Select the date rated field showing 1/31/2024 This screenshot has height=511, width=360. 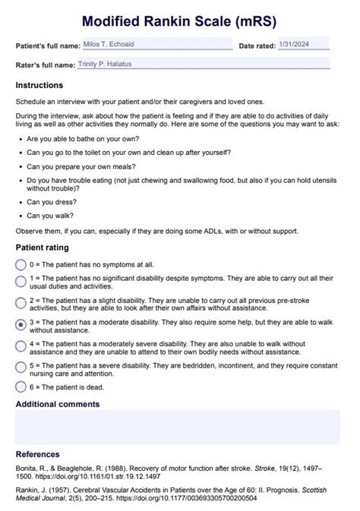303,44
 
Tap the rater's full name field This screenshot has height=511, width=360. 203,65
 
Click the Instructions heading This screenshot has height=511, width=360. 39,85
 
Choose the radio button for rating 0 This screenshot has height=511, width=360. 21,265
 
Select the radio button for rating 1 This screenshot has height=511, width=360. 21,282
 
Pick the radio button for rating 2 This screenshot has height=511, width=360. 21,304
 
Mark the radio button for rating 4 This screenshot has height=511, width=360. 21,346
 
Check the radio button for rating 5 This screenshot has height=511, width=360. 21,367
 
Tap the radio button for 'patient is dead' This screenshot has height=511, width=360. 21,386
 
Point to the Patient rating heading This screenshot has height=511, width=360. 43,248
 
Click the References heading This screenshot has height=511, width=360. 38,453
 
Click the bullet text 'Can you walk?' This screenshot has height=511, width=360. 51,215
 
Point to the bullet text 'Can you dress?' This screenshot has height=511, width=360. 52,203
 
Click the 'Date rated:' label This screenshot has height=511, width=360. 257,46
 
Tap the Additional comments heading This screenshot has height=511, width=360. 58,404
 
